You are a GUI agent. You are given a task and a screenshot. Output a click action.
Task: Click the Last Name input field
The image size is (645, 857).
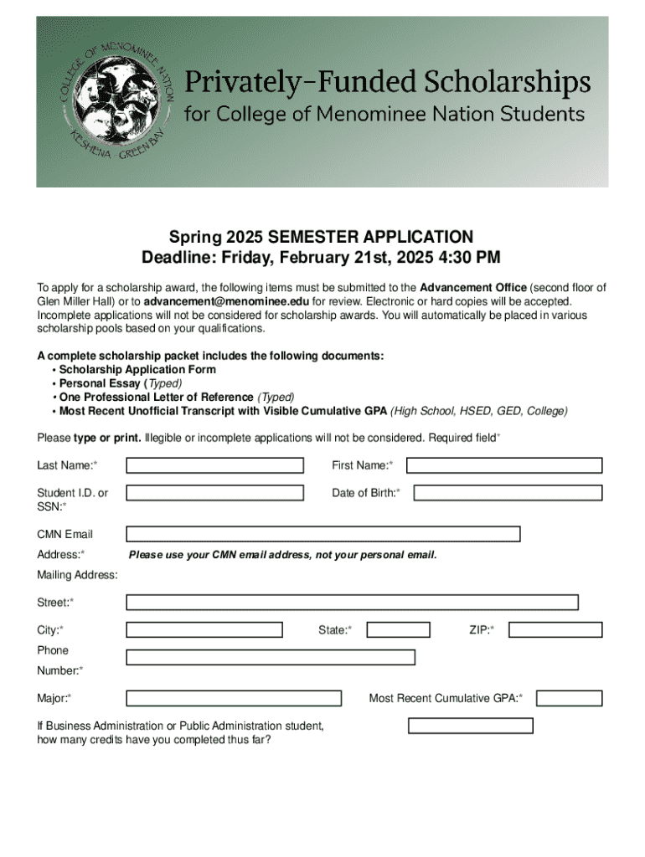(x=214, y=465)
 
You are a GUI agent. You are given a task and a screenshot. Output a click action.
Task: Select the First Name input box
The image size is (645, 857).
(x=504, y=465)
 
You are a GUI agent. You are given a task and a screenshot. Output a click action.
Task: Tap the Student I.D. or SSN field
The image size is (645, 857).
(x=214, y=493)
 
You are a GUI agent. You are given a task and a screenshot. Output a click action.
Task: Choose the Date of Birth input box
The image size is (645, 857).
(x=508, y=493)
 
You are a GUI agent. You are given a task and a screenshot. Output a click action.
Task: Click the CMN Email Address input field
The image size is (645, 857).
(x=322, y=534)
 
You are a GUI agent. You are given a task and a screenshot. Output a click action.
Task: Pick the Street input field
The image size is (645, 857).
(x=352, y=602)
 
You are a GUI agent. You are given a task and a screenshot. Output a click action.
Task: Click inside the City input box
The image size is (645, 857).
(x=204, y=629)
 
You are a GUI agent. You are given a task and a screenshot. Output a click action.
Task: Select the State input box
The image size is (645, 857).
(x=399, y=629)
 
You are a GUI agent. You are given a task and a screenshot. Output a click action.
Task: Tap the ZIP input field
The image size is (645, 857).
(x=555, y=629)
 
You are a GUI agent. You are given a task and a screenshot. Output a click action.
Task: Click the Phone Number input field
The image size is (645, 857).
(x=270, y=657)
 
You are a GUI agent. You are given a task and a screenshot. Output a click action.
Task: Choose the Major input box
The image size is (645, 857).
(x=234, y=698)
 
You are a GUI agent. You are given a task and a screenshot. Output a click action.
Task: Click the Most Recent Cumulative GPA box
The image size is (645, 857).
(x=569, y=698)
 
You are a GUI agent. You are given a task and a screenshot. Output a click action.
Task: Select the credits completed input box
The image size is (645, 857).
(x=470, y=726)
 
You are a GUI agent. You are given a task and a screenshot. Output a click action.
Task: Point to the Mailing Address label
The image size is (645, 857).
(x=77, y=575)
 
